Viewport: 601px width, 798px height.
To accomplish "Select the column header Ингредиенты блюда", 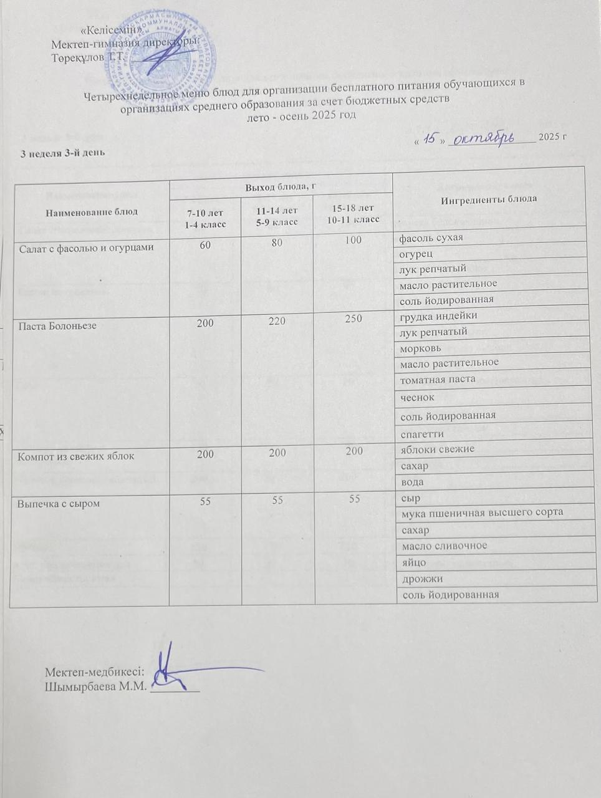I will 489,199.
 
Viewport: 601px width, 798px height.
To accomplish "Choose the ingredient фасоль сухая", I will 431,238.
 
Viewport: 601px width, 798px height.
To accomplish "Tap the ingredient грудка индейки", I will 438,316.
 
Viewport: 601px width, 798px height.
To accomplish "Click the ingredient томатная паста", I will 438,378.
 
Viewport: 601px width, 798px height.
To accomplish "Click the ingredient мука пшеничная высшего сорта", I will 483,512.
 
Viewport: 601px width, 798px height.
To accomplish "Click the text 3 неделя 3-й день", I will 59,152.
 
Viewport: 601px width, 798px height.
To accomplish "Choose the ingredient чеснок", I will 417,397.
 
